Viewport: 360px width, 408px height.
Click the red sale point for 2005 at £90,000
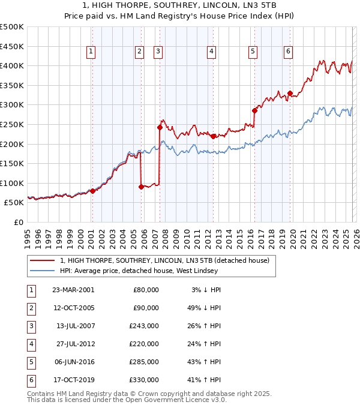141,187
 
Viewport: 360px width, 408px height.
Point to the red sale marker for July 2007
160,127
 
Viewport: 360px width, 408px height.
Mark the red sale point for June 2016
254,110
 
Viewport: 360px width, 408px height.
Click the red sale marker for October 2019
290,93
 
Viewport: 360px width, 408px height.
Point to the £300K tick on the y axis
12,105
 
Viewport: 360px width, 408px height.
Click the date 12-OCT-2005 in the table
74,308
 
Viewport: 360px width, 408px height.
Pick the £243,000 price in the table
145,326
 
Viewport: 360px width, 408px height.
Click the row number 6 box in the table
31,380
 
